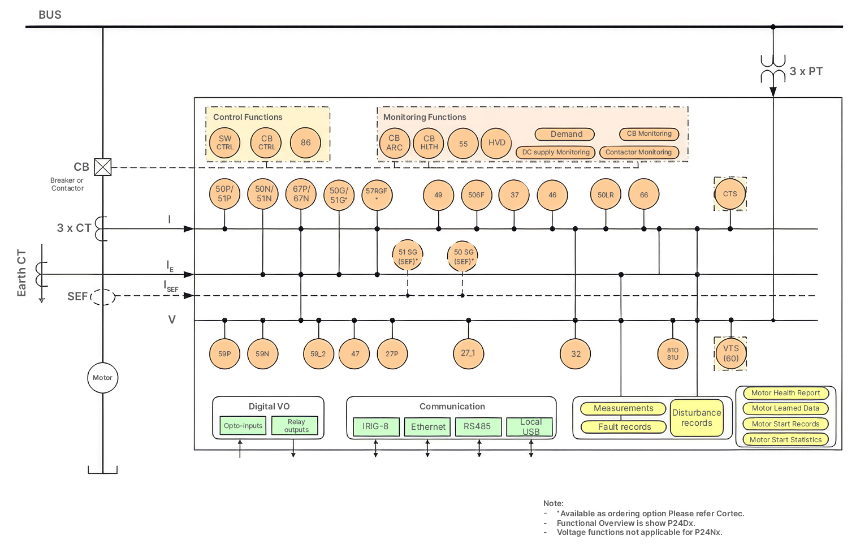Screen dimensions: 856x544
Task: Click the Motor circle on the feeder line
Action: point(102,378)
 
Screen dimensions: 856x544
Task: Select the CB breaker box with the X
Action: point(103,167)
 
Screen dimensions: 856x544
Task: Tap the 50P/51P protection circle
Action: point(224,194)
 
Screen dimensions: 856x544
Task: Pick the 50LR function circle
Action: point(606,194)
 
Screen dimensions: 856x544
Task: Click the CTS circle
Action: point(730,194)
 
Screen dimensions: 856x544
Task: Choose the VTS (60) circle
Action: point(730,353)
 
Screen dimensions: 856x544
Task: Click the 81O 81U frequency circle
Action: point(673,353)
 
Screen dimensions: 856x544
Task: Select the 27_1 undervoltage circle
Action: point(469,353)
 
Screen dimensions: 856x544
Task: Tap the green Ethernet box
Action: point(427,426)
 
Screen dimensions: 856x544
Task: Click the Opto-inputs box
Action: point(243,425)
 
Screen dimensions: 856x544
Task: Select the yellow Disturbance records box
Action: point(697,418)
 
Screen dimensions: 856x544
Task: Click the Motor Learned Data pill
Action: point(786,408)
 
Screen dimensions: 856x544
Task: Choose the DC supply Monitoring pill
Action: point(556,152)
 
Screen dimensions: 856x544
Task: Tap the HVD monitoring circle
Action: point(496,143)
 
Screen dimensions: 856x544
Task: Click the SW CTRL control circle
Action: point(224,143)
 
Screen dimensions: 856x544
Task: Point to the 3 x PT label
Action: point(806,71)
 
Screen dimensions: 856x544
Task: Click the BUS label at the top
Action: point(50,15)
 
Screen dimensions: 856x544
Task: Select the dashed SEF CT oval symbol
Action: point(103,297)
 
